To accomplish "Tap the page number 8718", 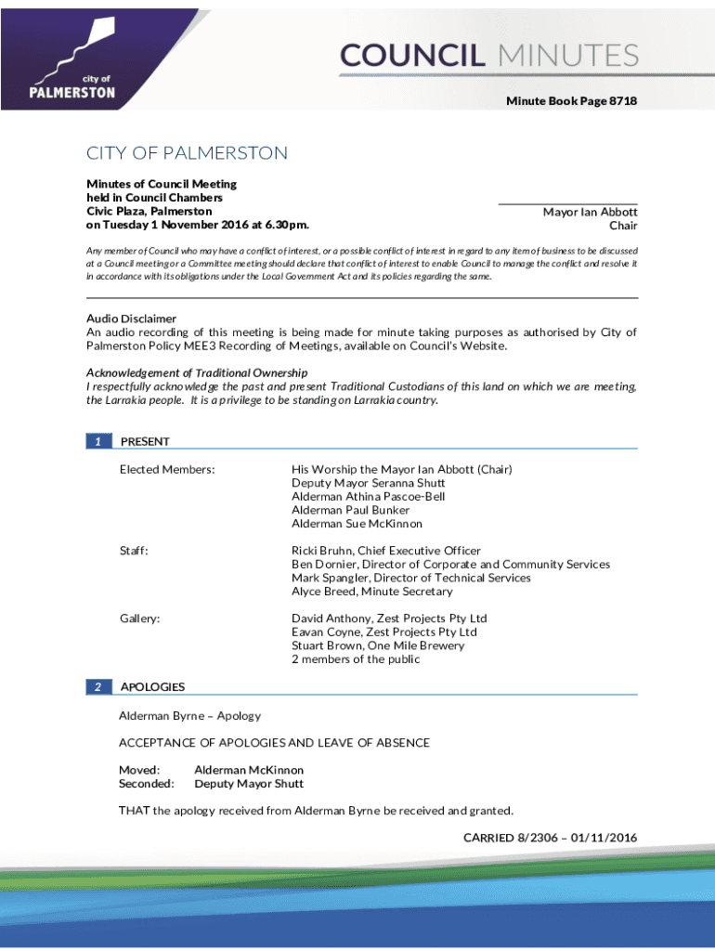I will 623,100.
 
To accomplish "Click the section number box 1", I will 98,441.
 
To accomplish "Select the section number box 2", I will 98,686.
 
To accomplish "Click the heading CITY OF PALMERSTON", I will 187,153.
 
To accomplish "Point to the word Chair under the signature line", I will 622,226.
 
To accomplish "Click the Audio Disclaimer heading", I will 131,319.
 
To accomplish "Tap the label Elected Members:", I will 167,470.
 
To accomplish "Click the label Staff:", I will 134,551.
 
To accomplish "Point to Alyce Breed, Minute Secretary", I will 371,592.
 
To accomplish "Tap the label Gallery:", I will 139,619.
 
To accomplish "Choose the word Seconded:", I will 146,784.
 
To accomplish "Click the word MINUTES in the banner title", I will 568,56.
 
